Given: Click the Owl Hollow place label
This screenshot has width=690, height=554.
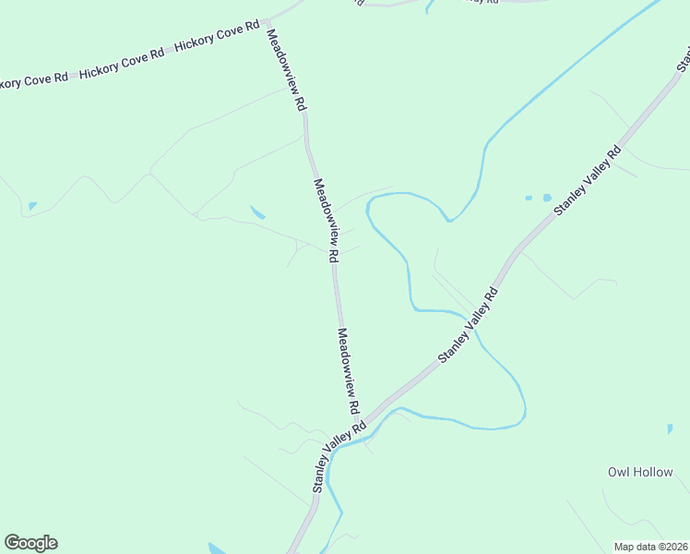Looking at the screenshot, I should (640, 472).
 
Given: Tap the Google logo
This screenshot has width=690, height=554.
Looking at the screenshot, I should (30, 543).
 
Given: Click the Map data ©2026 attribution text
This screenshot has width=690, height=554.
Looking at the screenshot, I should (650, 547).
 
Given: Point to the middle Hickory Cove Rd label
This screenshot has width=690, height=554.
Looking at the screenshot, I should (121, 63).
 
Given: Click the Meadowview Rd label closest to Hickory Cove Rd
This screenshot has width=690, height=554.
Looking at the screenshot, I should (286, 70).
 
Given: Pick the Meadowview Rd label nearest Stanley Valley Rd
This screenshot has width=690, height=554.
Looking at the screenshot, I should (348, 371).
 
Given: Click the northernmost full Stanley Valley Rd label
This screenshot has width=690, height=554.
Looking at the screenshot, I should (588, 182).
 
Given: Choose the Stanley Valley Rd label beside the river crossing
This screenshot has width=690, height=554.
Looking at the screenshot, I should (468, 325).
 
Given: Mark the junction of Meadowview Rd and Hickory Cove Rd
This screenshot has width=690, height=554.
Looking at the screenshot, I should (266, 19).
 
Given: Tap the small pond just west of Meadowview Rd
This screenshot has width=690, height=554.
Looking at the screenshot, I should (257, 212).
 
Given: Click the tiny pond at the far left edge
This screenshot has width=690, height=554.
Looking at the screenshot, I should (32, 206).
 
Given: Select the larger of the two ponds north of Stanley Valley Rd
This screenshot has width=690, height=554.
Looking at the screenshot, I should (546, 198).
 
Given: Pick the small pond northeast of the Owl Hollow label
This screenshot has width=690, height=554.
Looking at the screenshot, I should (670, 429).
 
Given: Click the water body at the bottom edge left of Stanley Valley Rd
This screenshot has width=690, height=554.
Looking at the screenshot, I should (218, 548).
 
